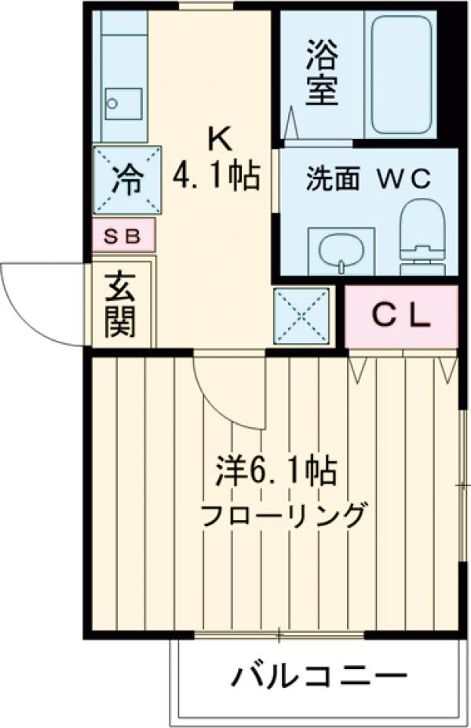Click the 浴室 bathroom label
[322, 77]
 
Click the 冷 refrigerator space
[126, 180]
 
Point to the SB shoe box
[123, 236]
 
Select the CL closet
[400, 316]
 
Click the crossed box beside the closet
[301, 316]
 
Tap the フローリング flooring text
[283, 517]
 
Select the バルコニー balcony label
[319, 675]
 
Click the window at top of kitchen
[206, 6]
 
